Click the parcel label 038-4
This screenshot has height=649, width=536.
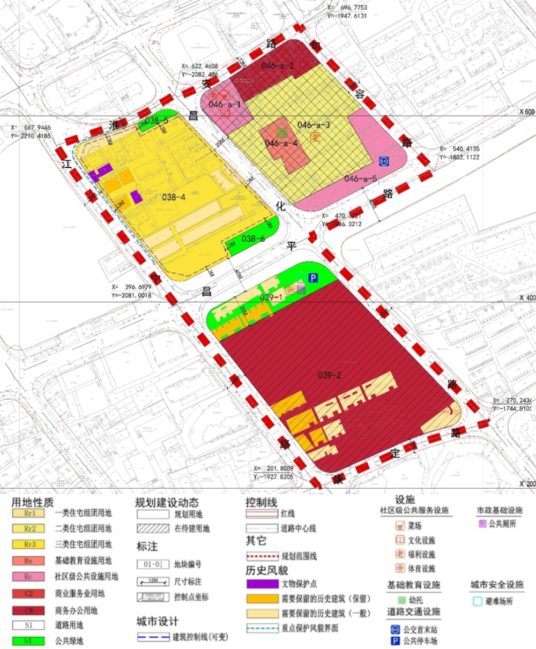point(174,197)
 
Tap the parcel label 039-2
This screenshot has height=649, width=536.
point(329,375)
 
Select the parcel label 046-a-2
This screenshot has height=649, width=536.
point(278,66)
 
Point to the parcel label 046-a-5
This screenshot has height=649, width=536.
point(361,179)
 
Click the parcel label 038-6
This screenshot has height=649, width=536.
point(253,238)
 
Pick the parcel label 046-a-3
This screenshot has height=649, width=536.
point(314,125)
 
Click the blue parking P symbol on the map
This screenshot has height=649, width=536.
point(313,278)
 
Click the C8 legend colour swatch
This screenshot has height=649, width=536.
point(30,610)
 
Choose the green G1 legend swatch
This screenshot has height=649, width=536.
point(30,640)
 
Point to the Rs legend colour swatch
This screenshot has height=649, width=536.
point(30,561)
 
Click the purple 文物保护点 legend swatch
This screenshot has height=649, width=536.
point(262,584)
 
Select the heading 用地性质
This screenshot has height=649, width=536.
point(33,502)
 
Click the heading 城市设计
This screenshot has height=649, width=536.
point(157,622)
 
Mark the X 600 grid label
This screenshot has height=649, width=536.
point(527,111)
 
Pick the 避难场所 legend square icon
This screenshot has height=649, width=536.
point(477,601)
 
